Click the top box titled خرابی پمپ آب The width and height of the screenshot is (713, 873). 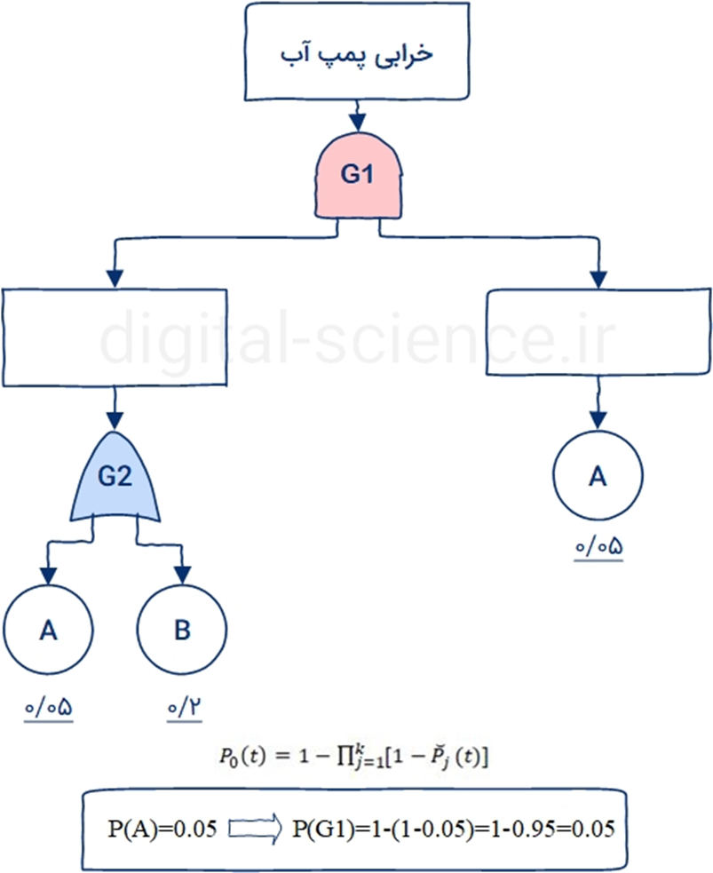coord(357,53)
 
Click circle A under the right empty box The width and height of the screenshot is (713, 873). coord(598,477)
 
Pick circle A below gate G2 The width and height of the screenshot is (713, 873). coord(48,631)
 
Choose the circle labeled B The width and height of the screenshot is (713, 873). coord(181,631)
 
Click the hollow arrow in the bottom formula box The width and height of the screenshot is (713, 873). coord(255,829)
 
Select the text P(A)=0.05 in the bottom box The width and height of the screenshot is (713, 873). coord(162,829)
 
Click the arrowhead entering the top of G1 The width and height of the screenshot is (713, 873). coord(357,121)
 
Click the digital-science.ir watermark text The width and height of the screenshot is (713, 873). coord(355,338)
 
